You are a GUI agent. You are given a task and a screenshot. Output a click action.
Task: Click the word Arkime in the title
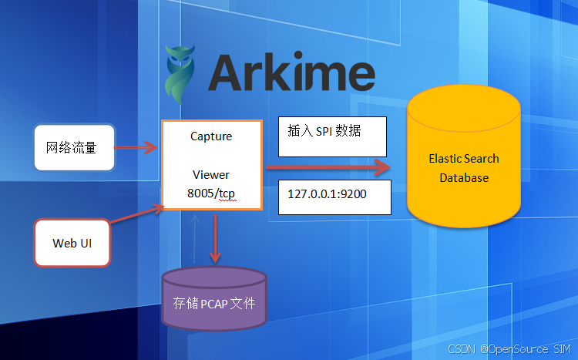(291, 74)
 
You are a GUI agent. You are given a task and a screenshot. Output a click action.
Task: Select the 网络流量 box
(75, 146)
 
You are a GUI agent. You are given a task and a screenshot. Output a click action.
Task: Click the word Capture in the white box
(211, 136)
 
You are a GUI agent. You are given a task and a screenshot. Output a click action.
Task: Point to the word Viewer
(211, 175)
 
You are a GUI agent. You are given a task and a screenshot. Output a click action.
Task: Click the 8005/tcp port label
(211, 194)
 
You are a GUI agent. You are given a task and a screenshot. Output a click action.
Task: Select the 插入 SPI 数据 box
(332, 137)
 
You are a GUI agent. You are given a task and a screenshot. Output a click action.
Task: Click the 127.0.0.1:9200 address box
(334, 196)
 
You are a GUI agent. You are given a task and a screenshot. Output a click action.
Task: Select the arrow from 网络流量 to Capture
(138, 144)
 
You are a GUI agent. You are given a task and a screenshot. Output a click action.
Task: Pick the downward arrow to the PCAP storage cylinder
(215, 240)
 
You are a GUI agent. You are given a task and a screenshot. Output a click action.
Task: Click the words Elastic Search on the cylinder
(463, 159)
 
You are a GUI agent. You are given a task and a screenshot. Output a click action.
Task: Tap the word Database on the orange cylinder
(463, 177)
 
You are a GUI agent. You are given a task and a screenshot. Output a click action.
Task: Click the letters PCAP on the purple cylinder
(218, 303)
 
